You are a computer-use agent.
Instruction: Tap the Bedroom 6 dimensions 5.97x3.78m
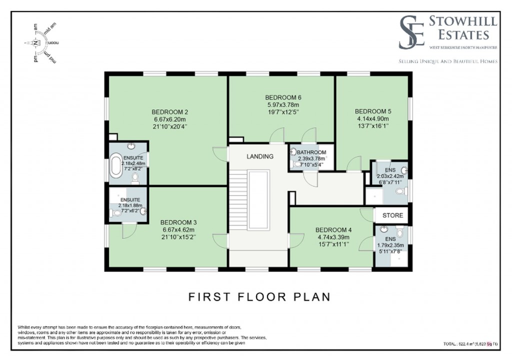(283, 105)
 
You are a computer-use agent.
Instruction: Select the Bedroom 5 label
(373, 111)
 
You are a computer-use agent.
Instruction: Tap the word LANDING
(260, 156)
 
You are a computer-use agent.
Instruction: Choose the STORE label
(392, 215)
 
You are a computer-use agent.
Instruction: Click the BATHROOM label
(311, 152)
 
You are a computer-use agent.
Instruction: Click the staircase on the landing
(238, 200)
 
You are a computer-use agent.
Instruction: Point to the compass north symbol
(35, 43)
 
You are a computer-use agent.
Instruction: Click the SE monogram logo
(411, 32)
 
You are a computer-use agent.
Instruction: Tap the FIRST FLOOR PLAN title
(259, 297)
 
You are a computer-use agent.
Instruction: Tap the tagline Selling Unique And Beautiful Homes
(448, 61)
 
